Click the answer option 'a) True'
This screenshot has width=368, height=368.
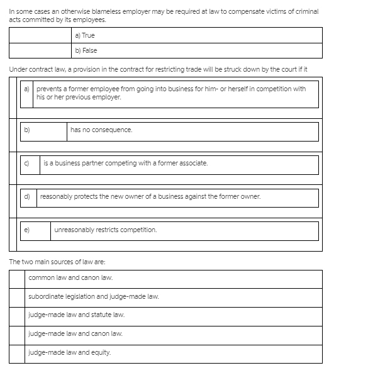tap(84, 35)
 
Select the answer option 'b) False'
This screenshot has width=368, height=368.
tap(86, 50)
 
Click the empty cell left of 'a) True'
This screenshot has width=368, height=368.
tap(41, 35)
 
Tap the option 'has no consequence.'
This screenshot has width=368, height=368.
tap(101, 130)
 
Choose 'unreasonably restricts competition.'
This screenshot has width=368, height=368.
tap(105, 230)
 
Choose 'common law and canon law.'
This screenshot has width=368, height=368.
tap(70, 277)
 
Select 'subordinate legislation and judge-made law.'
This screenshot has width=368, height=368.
tap(93, 296)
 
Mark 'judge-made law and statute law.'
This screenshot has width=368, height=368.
tap(76, 315)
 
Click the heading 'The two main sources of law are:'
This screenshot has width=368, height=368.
tap(53, 261)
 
